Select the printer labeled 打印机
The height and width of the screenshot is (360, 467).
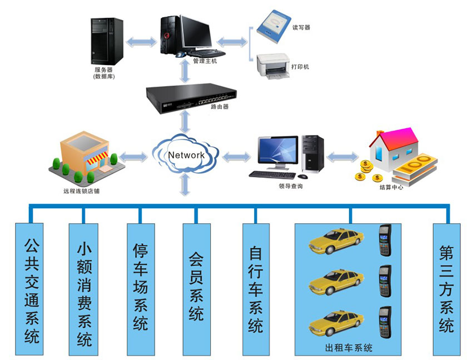(274, 66)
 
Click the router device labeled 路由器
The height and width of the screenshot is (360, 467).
(189, 97)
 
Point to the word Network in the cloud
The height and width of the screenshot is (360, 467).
(186, 155)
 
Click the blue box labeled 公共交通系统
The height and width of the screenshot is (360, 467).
(32, 289)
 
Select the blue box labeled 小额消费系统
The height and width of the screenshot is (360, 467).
(84, 289)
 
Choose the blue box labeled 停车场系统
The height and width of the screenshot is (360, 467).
(141, 289)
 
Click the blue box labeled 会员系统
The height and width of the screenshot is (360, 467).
(196, 289)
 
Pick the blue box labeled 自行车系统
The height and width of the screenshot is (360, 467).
(255, 289)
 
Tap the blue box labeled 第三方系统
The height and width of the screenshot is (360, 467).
(446, 289)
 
